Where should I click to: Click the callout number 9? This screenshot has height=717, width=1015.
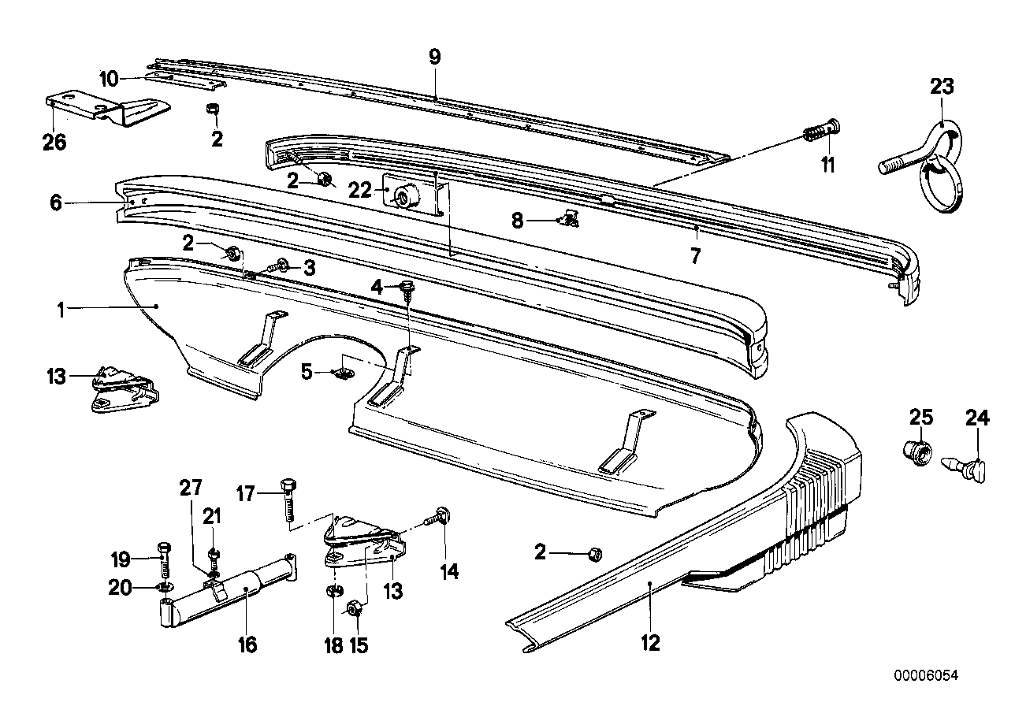point(435,56)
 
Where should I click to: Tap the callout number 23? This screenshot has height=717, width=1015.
point(942,87)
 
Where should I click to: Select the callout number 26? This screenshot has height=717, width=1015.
point(55,143)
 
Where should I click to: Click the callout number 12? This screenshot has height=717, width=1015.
point(649,643)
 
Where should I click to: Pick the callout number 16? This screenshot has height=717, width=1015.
point(247,645)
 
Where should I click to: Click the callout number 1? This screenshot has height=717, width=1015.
point(60,308)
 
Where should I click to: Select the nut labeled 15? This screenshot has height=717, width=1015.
point(354,608)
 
